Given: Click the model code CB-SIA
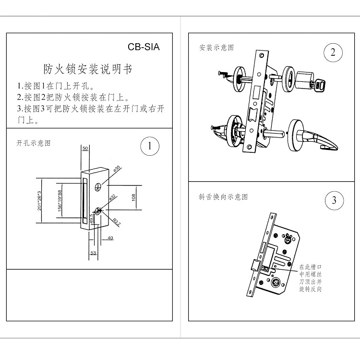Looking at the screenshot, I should point(143,47).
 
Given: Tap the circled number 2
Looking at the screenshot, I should point(333,52).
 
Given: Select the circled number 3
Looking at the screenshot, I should point(334,200).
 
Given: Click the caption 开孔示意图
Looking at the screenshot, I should point(34,143).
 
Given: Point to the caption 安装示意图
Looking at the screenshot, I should point(216,48).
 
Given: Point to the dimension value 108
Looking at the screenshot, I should point(134,197).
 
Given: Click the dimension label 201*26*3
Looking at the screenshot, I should point(40,200).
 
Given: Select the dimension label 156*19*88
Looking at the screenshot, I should point(60,200).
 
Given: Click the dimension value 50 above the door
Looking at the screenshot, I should point(85,149).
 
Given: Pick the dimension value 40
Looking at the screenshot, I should point(110,238).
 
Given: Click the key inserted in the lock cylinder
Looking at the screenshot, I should point(318,85).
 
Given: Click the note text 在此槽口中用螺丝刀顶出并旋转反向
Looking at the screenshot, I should point(310,278).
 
